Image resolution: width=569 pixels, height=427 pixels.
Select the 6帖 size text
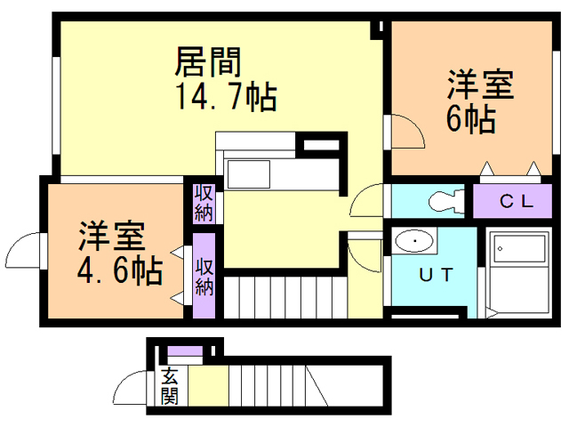coord(470,119)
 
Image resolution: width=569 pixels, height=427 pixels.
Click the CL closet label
coord(515,201)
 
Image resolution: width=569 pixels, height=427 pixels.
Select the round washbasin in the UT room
coord(413,242)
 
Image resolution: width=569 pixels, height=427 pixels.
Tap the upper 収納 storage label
coord(204,203)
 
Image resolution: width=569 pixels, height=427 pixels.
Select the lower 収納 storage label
coord(204,276)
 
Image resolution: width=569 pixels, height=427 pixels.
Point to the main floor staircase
coord(284,297)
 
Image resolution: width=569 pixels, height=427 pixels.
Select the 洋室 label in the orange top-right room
coord(481,86)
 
